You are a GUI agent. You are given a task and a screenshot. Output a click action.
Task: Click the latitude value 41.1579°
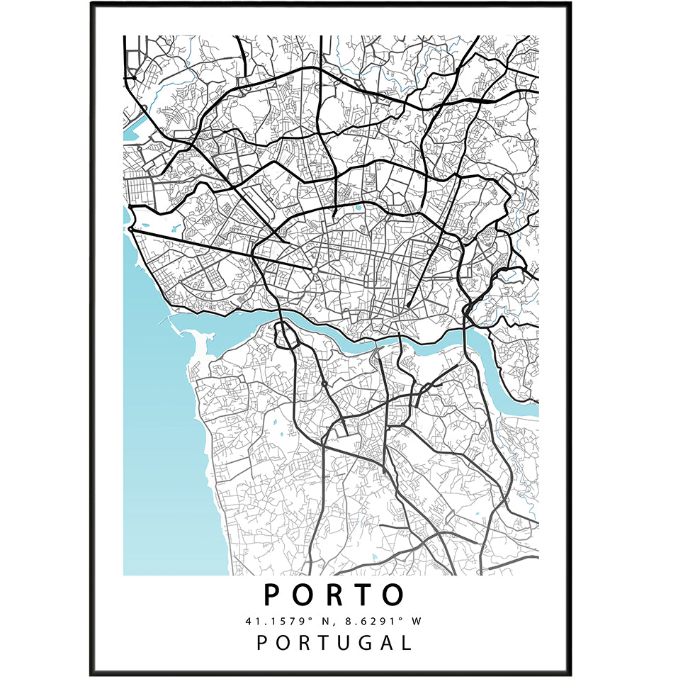[273, 622]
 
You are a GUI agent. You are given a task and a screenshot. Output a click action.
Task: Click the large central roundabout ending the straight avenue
[314, 271]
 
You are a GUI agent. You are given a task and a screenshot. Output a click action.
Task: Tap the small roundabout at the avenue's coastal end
[131, 229]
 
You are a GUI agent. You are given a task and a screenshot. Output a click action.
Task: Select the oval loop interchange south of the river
[286, 335]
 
